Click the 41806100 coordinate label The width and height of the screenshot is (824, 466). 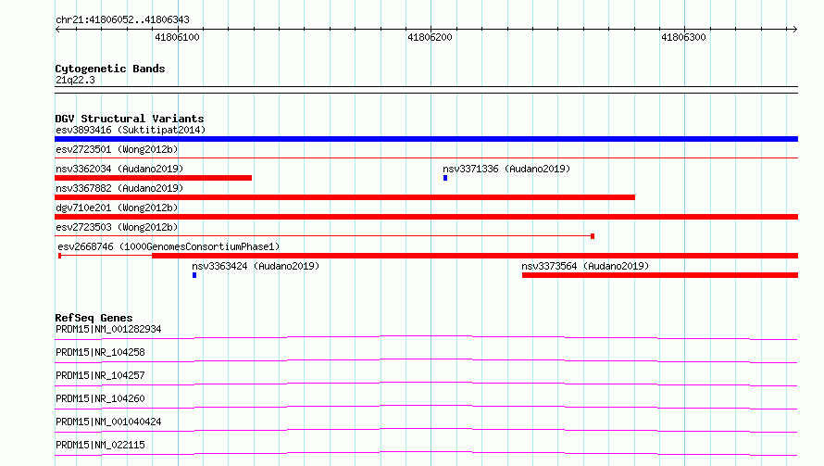tap(177, 37)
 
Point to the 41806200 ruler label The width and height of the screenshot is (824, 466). tap(430, 37)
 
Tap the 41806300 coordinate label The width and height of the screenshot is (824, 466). tap(683, 37)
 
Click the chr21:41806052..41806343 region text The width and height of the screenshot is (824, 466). tap(122, 20)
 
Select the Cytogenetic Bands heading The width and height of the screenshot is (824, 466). tap(110, 69)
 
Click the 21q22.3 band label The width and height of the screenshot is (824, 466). tap(75, 80)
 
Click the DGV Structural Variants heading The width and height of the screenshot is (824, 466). tap(130, 119)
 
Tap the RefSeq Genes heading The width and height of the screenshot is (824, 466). tap(94, 318)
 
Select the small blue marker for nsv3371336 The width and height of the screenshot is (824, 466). tap(445, 178)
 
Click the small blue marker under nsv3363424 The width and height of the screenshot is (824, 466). tap(194, 275)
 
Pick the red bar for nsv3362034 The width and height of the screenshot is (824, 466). tap(154, 178)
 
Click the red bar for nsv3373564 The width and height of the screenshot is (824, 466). tap(660, 275)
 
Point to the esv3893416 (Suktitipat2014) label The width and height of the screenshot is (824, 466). tap(131, 130)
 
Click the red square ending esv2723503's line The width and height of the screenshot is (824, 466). tap(593, 236)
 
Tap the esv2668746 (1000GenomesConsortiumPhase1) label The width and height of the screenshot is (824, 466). tap(169, 246)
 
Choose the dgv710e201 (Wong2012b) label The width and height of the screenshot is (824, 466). tap(117, 208)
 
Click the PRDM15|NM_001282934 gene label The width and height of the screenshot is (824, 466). tap(108, 329)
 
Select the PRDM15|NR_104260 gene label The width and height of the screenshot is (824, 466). tap(100, 398)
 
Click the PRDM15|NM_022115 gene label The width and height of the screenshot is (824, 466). tap(100, 445)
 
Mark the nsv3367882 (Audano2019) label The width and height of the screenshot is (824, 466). tap(119, 188)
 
